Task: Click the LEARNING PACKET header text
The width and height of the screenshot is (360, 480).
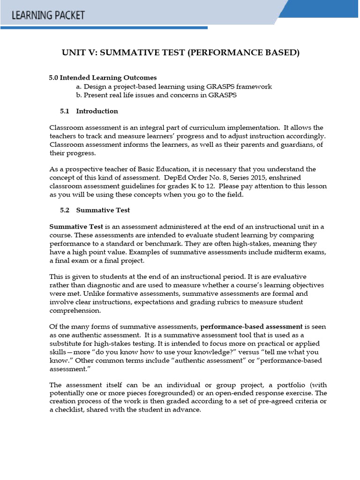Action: click(48, 15)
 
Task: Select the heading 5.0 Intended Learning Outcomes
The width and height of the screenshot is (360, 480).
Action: click(103, 77)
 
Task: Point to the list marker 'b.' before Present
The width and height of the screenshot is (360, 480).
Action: click(79, 95)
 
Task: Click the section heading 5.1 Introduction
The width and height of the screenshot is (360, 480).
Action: click(89, 111)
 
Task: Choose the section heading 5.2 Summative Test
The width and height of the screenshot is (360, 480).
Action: click(95, 210)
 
